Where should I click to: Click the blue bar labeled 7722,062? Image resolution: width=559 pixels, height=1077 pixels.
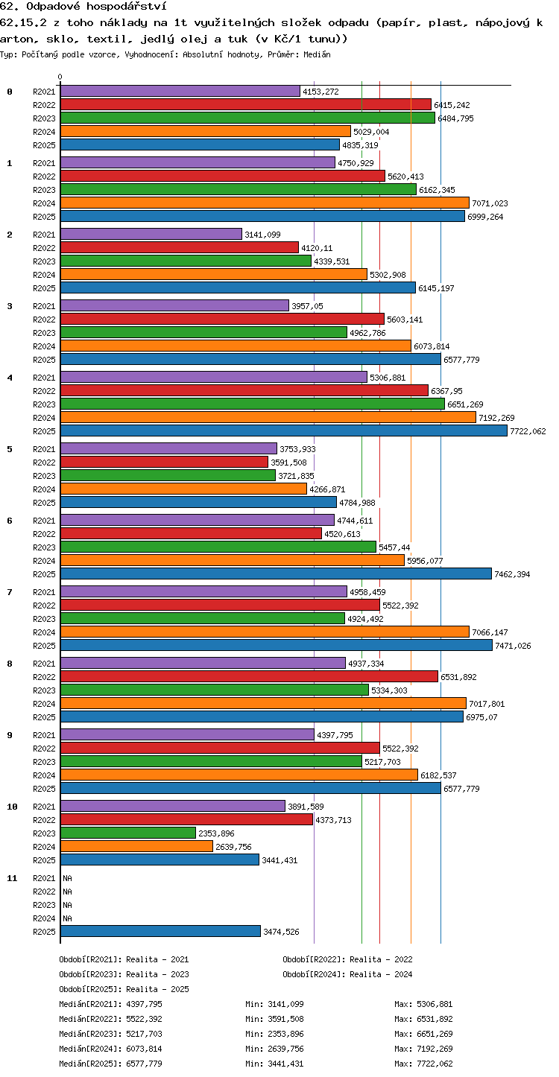(284, 431)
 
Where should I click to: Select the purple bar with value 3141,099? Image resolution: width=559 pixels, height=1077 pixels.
(151, 234)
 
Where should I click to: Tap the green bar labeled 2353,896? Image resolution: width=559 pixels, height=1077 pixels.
(128, 833)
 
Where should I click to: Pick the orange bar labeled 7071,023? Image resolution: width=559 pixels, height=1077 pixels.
(265, 203)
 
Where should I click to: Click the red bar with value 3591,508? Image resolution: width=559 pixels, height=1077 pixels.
(164, 462)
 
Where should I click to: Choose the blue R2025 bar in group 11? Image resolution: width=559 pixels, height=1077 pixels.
(160, 931)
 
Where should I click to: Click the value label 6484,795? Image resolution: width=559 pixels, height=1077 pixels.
(455, 118)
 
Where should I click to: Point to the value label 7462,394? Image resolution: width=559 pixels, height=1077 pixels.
(512, 574)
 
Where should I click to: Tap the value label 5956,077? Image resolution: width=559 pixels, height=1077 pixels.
(425, 561)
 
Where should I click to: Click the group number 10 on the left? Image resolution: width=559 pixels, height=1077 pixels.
(12, 807)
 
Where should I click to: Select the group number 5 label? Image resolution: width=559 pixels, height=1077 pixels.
(10, 449)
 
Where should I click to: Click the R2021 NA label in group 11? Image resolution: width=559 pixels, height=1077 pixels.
(67, 878)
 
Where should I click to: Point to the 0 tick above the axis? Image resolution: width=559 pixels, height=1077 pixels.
(60, 77)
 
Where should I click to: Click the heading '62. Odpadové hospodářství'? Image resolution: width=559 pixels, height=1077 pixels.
(83, 6)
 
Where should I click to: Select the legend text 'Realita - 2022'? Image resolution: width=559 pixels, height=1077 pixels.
(381, 959)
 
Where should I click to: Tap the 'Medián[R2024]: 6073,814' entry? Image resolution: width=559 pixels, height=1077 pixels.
(110, 1049)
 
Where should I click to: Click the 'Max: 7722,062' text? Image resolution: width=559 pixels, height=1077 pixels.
(423, 1064)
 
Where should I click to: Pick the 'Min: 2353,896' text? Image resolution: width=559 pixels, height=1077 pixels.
(274, 1034)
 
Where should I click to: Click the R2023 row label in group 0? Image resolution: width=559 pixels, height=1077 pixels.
(44, 118)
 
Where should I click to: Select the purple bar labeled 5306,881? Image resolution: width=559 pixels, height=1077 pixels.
(214, 377)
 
